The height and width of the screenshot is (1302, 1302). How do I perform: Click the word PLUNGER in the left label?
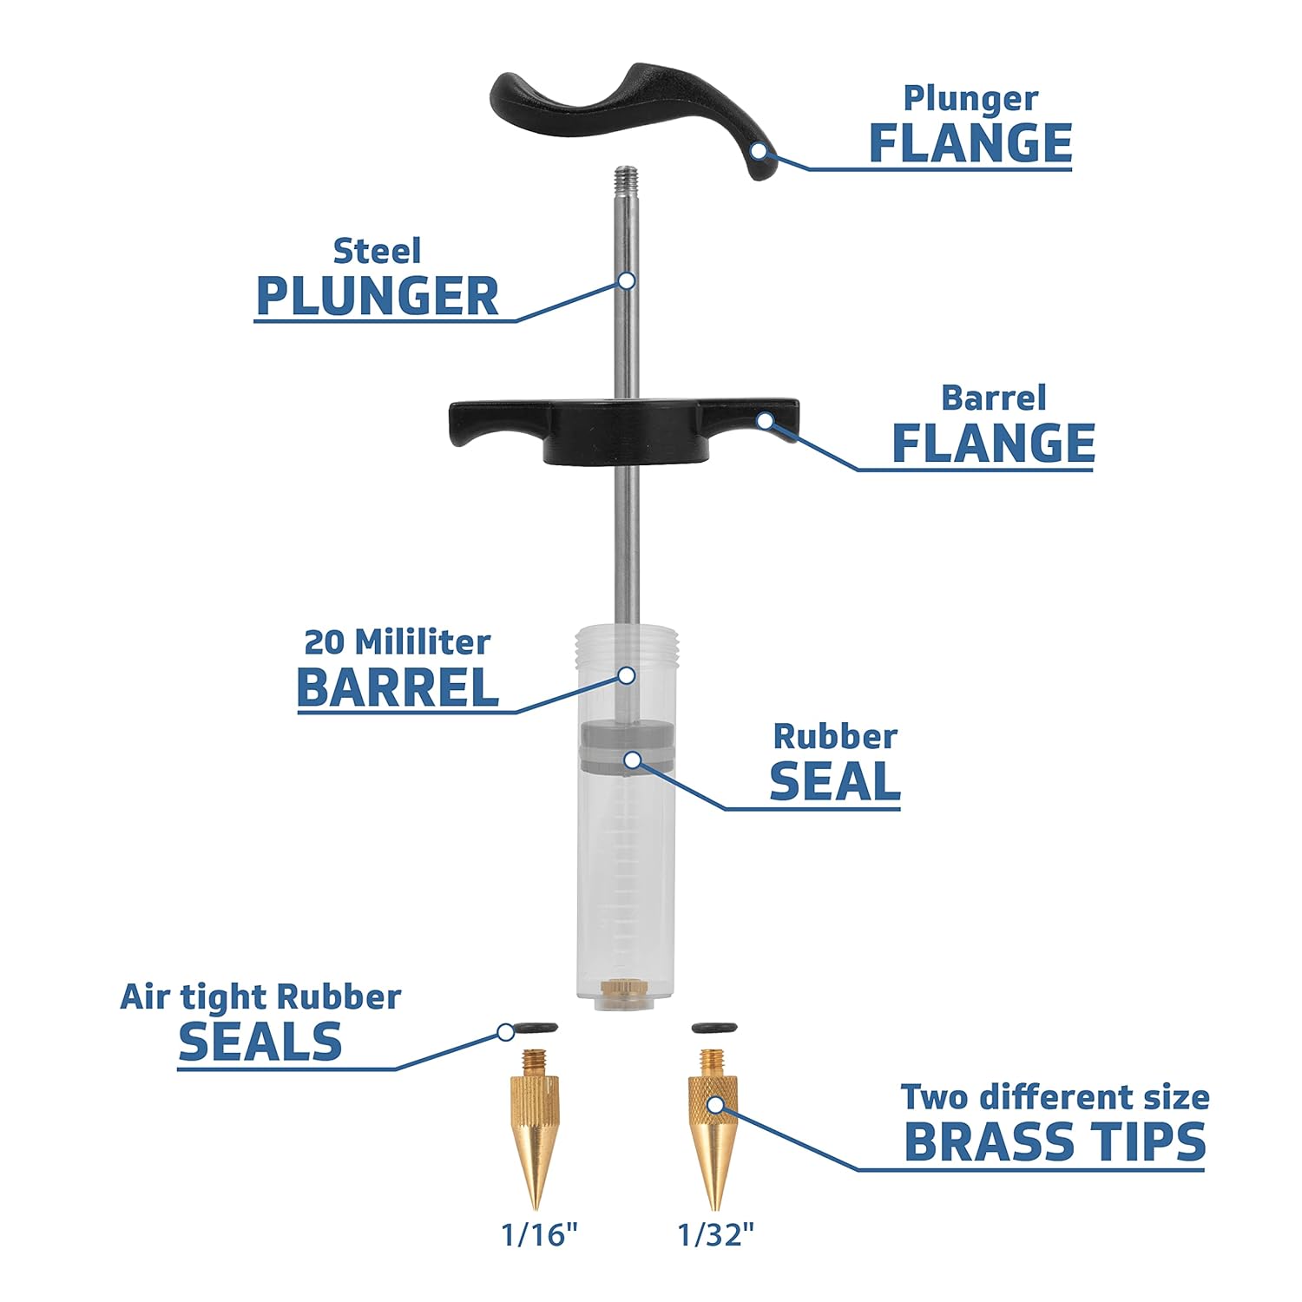378,297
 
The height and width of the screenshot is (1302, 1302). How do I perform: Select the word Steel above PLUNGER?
377,251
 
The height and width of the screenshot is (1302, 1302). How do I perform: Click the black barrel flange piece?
624,431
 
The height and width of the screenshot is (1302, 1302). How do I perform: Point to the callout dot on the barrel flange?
765,421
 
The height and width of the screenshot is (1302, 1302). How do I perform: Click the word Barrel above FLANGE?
994,398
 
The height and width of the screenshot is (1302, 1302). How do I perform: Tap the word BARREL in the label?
398,688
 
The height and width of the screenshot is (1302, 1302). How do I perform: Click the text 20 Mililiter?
397,642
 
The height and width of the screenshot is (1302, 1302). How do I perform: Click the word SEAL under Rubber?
835,781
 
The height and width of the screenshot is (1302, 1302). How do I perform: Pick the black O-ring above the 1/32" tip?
713,1029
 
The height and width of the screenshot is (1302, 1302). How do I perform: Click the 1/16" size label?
539,1233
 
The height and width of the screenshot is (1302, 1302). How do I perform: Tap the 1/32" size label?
716,1233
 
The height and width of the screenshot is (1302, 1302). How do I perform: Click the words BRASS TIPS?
1055,1142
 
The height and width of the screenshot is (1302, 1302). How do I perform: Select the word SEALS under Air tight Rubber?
260,1042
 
